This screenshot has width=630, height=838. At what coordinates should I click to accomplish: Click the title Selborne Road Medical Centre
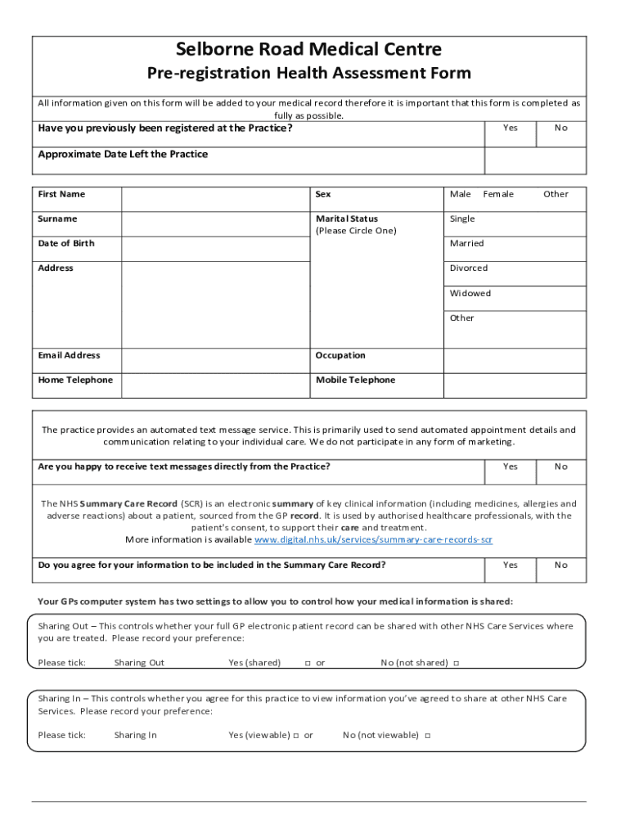point(309,49)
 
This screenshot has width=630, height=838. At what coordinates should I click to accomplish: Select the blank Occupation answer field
point(515,360)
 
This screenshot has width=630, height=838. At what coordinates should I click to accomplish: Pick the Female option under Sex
point(498,195)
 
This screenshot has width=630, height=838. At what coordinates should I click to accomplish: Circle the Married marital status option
point(466,244)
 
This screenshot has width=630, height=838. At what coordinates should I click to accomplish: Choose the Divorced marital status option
point(468,268)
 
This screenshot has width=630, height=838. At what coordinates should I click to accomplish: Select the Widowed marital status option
point(470,293)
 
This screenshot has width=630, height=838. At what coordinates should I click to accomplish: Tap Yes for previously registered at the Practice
point(511,128)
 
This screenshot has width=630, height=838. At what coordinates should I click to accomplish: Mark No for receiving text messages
point(560,467)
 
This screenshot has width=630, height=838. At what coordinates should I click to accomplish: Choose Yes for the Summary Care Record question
point(511,565)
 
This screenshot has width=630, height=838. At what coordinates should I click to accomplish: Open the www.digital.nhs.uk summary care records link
point(373,540)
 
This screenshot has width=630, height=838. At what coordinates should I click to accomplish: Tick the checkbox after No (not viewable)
point(428,736)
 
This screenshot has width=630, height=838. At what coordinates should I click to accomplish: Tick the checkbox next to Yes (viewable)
point(296,736)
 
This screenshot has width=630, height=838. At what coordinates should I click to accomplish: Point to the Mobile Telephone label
point(355,381)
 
